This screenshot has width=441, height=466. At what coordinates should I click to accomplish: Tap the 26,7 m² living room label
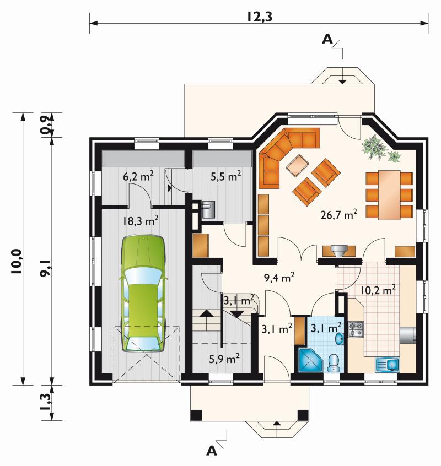click(338, 214)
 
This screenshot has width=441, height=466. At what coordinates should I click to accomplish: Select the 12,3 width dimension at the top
click(259, 17)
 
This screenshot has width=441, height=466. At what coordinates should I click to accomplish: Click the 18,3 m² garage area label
click(141, 221)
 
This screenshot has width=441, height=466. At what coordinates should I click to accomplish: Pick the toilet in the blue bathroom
click(334, 362)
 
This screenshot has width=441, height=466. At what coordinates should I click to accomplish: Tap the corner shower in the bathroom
click(310, 360)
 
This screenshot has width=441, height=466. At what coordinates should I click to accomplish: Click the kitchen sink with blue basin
click(388, 365)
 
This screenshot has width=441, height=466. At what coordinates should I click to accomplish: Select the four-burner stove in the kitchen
click(356, 329)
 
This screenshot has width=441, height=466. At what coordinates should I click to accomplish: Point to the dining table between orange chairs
click(389, 194)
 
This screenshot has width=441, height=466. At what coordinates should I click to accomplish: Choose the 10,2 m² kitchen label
click(378, 290)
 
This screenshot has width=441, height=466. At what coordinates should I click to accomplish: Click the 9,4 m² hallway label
click(279, 278)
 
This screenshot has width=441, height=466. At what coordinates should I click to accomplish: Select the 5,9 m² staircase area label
click(224, 359)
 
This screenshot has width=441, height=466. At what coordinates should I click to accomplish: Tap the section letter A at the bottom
click(212, 451)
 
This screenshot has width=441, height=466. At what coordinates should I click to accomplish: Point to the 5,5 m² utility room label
click(225, 176)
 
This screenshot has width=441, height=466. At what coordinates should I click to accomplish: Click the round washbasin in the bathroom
click(340, 339)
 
